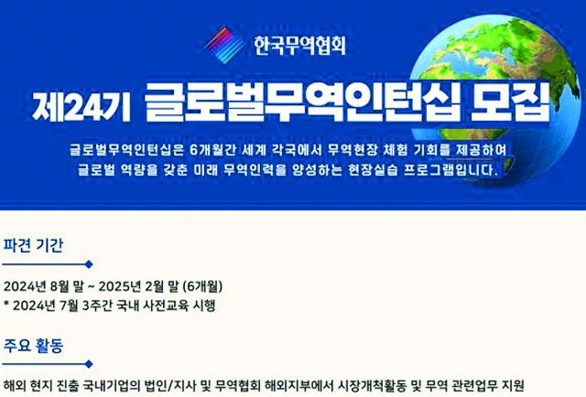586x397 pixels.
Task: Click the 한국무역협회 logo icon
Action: (x=224, y=45)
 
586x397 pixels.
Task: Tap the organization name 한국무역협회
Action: (x=299, y=46)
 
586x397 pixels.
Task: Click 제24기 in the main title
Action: (x=81, y=105)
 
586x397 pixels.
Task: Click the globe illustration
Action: (x=497, y=101)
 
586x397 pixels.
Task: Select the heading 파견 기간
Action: (x=33, y=245)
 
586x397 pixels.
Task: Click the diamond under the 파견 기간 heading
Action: (x=89, y=264)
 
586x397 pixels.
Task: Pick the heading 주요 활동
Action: (x=33, y=346)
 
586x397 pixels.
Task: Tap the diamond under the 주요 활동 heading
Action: (x=89, y=364)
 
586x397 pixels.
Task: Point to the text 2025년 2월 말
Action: (x=138, y=287)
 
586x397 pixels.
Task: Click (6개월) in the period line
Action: (x=203, y=287)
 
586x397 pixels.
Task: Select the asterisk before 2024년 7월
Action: (x=6, y=304)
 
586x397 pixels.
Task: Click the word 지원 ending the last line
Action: (x=513, y=385)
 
